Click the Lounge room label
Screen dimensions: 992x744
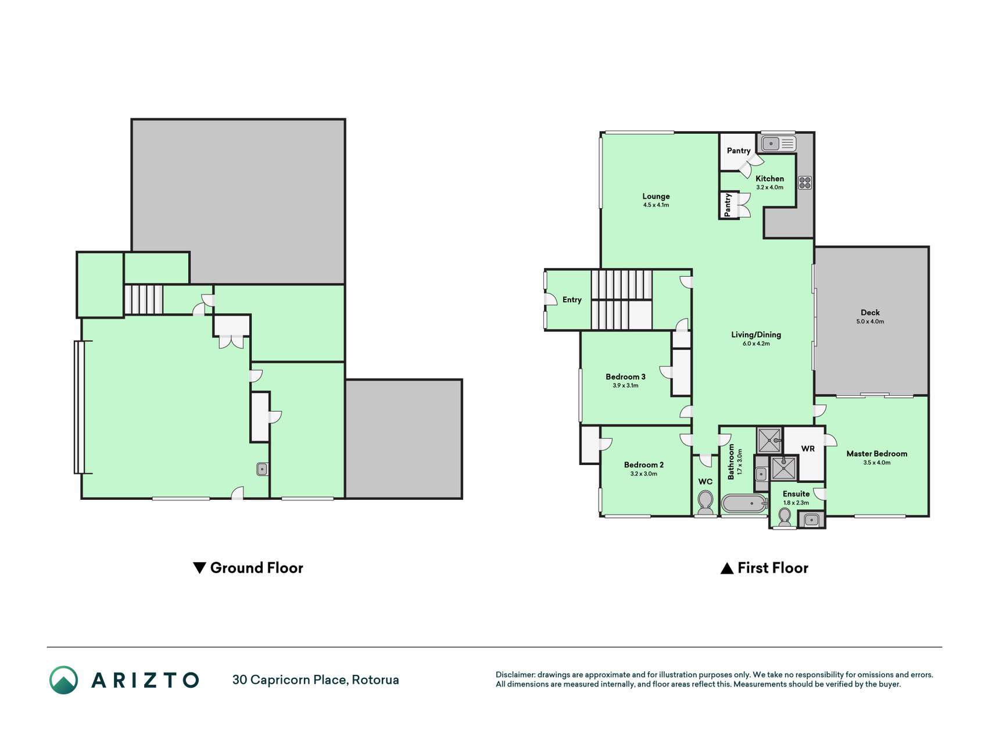(656, 196)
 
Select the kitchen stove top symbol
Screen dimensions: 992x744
(805, 183)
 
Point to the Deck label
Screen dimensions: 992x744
(870, 313)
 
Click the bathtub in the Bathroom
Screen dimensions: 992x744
(744, 503)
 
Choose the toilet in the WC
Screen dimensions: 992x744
(705, 502)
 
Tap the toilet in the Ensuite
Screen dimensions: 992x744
(785, 517)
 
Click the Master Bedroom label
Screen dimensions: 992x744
(876, 454)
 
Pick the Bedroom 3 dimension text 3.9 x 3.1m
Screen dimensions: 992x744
(625, 385)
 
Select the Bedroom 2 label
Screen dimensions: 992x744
(643, 465)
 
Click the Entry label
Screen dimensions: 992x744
(572, 300)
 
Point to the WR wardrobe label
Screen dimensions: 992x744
(808, 449)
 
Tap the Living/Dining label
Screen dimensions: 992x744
(755, 335)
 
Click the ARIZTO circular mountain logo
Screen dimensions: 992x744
(63, 680)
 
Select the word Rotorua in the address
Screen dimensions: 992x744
(375, 680)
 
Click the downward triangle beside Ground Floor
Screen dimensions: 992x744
(199, 568)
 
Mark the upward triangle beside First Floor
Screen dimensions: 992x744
(726, 568)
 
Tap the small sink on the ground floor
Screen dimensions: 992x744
(262, 468)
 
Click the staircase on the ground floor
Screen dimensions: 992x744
(143, 300)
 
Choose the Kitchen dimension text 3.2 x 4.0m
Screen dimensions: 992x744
(769, 187)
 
